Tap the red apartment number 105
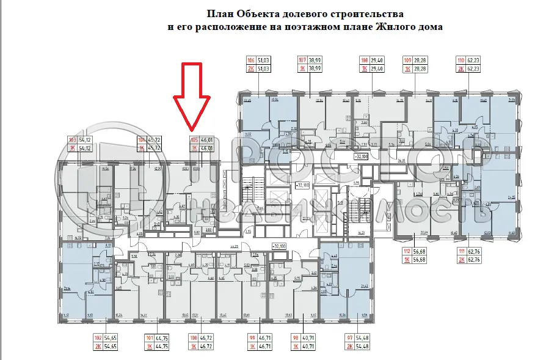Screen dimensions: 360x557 193,141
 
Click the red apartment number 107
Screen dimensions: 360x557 302,60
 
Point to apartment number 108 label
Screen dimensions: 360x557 365,60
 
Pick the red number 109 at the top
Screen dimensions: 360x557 408,60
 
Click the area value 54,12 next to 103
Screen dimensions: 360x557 93,141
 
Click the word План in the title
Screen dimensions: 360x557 219,13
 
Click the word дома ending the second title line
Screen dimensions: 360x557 430,27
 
